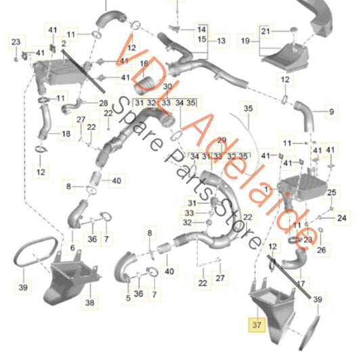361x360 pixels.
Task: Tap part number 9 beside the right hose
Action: click(x=332, y=111)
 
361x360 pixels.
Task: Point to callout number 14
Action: click(x=202, y=30)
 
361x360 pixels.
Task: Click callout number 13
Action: click(x=221, y=41)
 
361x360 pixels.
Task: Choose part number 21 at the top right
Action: click(x=266, y=31)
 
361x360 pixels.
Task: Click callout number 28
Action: click(x=104, y=103)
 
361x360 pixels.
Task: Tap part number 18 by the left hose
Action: click(x=66, y=134)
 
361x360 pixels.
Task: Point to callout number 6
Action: click(x=73, y=248)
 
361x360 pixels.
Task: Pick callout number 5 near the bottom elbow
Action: click(x=127, y=297)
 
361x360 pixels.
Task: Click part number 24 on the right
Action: click(x=341, y=217)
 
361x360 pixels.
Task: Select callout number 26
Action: click(x=321, y=250)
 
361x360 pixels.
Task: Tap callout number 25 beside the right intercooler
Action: click(x=331, y=193)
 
